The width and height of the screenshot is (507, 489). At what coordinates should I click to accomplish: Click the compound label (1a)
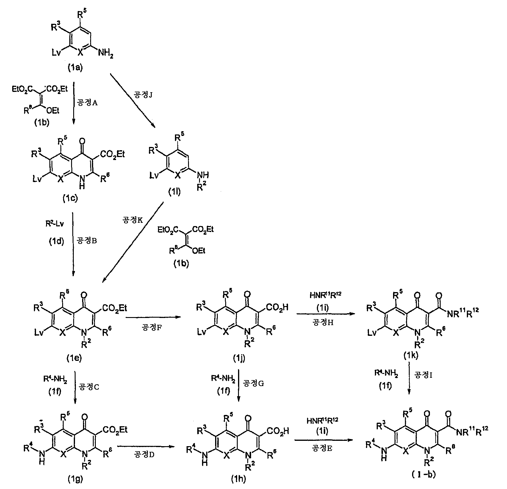74,68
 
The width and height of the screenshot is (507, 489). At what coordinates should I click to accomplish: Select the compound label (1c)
70,198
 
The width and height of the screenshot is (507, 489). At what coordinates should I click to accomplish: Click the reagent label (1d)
57,242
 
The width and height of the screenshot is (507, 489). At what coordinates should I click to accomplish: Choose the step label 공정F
152,327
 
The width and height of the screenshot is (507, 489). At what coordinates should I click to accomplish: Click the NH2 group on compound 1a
105,54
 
